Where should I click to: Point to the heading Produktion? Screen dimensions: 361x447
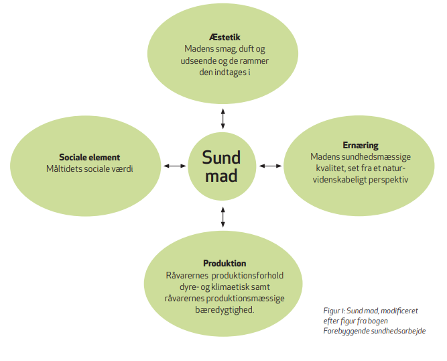[225, 263]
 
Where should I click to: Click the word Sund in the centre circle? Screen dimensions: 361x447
[222, 158]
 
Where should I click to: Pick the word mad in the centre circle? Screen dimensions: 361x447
[222, 176]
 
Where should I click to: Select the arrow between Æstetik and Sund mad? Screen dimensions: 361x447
[222, 117]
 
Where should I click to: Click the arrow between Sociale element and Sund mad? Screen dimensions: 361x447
[174, 166]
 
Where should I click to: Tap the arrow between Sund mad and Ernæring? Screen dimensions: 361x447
[271, 166]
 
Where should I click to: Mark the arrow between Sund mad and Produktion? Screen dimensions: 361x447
[222, 216]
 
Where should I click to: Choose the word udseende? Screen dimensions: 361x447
[188, 60]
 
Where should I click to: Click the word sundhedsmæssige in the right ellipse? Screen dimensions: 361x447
[367, 156]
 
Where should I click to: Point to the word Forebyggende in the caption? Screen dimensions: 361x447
[347, 331]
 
